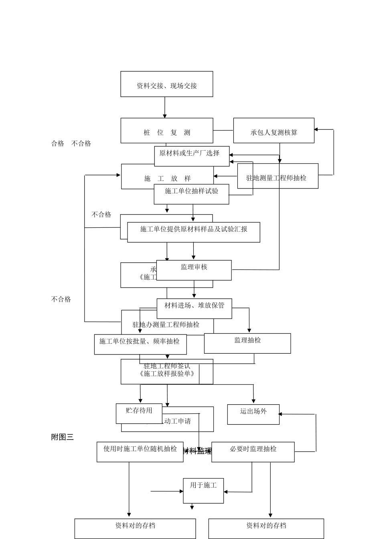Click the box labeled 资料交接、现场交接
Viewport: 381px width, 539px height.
click(x=166, y=84)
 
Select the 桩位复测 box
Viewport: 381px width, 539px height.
click(x=166, y=131)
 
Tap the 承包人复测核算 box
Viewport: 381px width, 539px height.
click(x=274, y=131)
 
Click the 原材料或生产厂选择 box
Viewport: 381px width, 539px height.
click(x=192, y=156)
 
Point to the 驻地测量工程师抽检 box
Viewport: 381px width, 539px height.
click(x=278, y=176)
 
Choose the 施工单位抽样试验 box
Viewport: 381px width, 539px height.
click(x=191, y=194)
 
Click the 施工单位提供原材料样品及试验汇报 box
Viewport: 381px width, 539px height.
click(x=193, y=232)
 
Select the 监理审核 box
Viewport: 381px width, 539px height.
click(x=194, y=270)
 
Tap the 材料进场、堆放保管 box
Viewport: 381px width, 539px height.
click(x=194, y=308)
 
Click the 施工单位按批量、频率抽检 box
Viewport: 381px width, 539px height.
click(x=140, y=344)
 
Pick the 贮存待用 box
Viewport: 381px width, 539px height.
click(x=139, y=413)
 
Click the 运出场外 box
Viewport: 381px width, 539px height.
click(x=253, y=414)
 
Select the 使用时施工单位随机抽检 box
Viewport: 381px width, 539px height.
click(x=140, y=452)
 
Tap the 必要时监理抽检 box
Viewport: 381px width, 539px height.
click(x=253, y=452)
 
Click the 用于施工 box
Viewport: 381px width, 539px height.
click(x=203, y=490)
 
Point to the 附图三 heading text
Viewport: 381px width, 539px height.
click(x=63, y=437)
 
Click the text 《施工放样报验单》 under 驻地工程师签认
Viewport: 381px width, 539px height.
click(x=167, y=374)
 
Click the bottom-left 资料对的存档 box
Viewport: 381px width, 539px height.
click(x=135, y=528)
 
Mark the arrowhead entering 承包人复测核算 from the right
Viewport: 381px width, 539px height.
click(x=316, y=130)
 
